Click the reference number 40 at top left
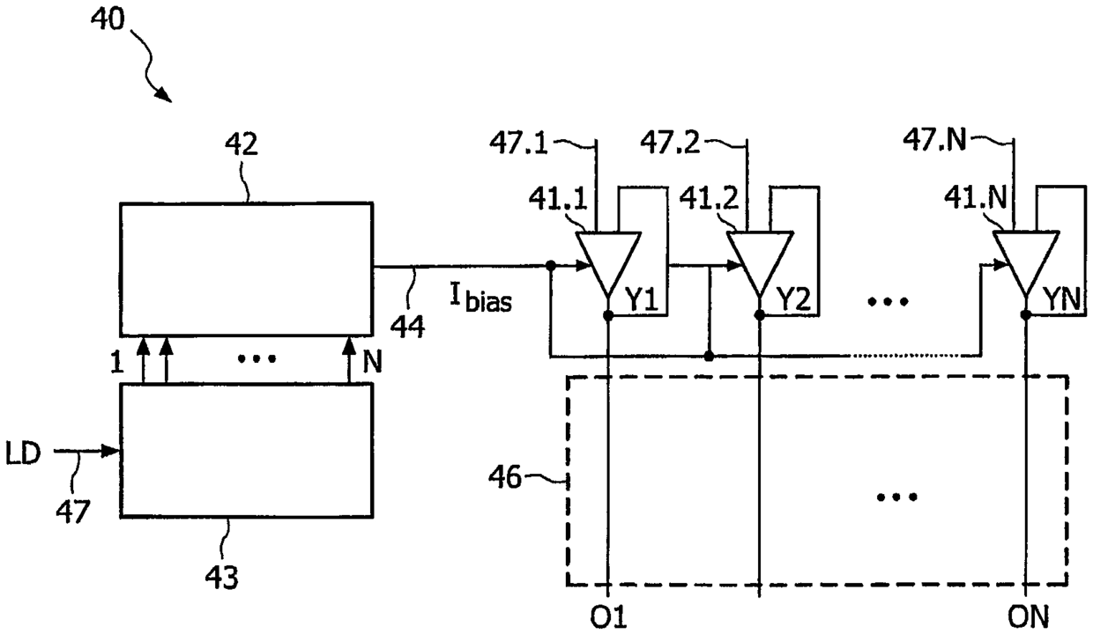point(108,19)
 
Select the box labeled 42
point(247,269)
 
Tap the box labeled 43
point(247,450)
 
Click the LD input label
point(23,453)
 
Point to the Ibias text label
point(480,298)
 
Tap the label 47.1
point(518,144)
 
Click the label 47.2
point(670,144)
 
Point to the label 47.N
point(934,140)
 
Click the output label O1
point(608,617)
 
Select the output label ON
point(1028,617)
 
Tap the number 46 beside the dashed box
point(505,477)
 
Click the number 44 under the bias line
point(407,327)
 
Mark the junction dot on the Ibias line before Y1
point(550,266)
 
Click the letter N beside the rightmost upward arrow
point(372,362)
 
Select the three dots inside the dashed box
point(897,497)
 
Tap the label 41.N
point(976,198)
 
